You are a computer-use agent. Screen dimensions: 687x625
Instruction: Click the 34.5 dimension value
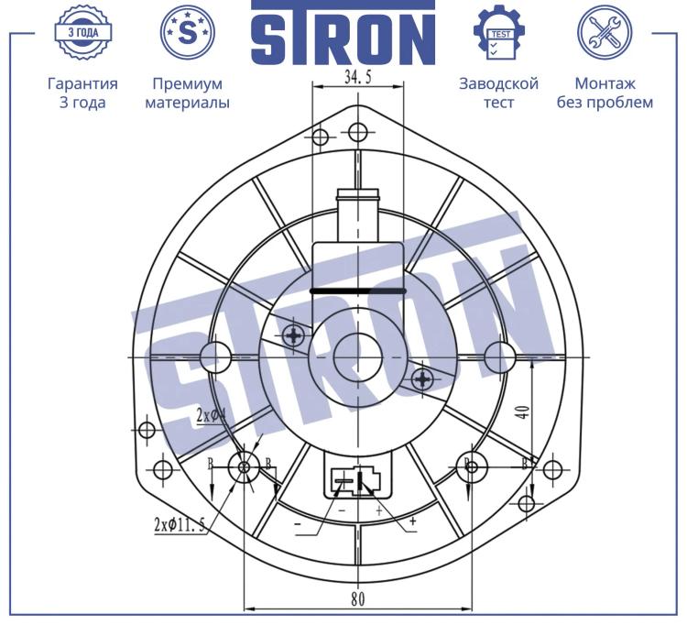[357, 77]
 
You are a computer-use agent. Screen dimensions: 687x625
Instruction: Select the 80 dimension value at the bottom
[358, 598]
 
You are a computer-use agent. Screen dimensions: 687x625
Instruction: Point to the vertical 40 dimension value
[523, 412]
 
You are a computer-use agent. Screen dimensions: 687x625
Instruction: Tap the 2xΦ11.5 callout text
[180, 524]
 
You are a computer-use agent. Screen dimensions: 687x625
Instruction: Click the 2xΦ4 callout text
[212, 414]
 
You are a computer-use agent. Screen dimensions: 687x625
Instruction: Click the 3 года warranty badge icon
[83, 32]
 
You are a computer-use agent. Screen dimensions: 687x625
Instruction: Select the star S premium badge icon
[188, 32]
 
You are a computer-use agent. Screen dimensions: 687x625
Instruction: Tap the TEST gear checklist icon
[499, 32]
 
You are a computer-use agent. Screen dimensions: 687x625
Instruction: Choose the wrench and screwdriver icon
[605, 32]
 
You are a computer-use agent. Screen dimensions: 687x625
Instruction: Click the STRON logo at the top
[343, 33]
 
